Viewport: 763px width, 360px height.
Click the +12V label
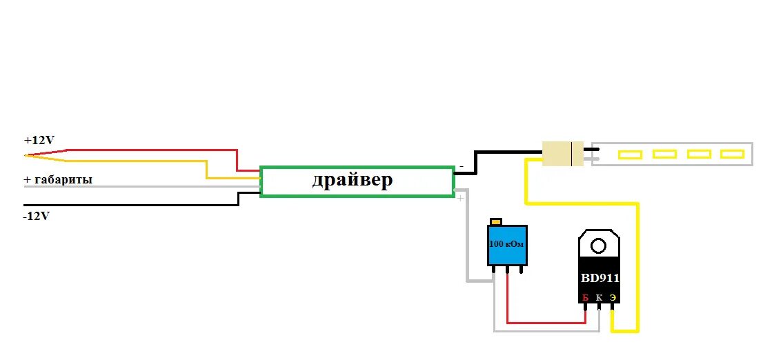pyautogui.click(x=39, y=140)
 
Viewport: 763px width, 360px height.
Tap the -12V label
pyautogui.click(x=36, y=216)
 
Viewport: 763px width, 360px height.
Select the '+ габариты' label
pyautogui.click(x=58, y=179)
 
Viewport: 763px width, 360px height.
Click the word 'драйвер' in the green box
pyautogui.click(x=353, y=181)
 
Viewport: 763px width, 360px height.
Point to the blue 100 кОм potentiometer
pyautogui.click(x=507, y=246)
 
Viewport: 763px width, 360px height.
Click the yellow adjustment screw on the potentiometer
pyautogui.click(x=495, y=221)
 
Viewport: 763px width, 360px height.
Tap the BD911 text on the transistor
pyautogui.click(x=599, y=279)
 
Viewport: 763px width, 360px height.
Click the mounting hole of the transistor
pyautogui.click(x=599, y=244)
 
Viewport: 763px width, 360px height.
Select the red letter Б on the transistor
pyautogui.click(x=585, y=298)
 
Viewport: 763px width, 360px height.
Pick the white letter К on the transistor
pyautogui.click(x=599, y=298)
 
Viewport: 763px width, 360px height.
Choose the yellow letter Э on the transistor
pyautogui.click(x=612, y=298)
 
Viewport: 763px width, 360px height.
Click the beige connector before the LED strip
pyautogui.click(x=563, y=153)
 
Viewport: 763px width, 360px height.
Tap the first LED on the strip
pyautogui.click(x=629, y=154)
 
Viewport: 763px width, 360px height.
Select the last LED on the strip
pyautogui.click(x=731, y=154)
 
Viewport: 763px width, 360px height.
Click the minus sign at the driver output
pyautogui.click(x=461, y=166)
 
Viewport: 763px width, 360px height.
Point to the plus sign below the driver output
pyautogui.click(x=460, y=198)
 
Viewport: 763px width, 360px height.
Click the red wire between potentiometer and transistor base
pyautogui.click(x=545, y=321)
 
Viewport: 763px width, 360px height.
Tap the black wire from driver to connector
pyautogui.click(x=507, y=152)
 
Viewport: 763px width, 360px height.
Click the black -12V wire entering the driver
pyautogui.click(x=138, y=205)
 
